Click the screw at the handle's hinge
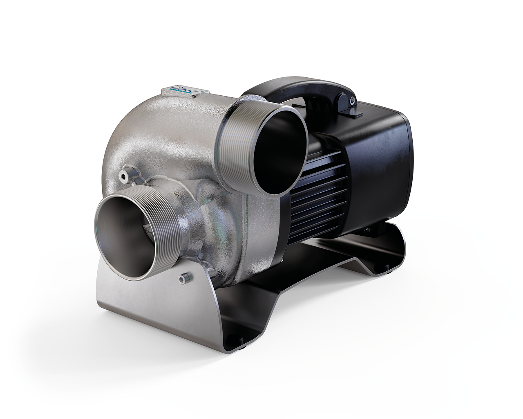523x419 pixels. [351, 98]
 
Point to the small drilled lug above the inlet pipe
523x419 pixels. [123, 175]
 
